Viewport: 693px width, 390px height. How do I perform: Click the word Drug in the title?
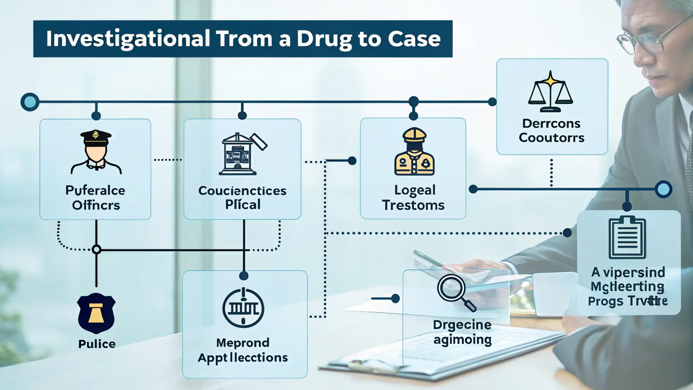[324, 39]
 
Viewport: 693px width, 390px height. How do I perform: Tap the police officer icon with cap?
[96, 152]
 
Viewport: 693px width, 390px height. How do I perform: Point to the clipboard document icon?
[627, 238]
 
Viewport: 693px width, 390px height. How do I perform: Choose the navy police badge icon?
[96, 313]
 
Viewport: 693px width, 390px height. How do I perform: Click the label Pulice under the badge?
[97, 344]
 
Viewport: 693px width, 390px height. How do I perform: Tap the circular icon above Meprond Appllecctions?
[243, 308]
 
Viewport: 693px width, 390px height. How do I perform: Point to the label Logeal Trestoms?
[414, 198]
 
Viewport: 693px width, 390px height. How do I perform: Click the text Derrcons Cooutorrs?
[551, 131]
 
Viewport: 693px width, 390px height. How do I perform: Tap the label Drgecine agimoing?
[462, 332]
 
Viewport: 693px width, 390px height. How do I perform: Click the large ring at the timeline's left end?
[30, 102]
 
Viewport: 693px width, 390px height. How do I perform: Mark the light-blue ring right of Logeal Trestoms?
[663, 189]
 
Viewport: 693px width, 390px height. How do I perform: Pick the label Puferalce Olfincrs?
[96, 198]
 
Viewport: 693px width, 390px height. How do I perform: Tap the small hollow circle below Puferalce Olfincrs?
[96, 249]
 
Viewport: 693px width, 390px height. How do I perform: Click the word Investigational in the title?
[128, 39]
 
